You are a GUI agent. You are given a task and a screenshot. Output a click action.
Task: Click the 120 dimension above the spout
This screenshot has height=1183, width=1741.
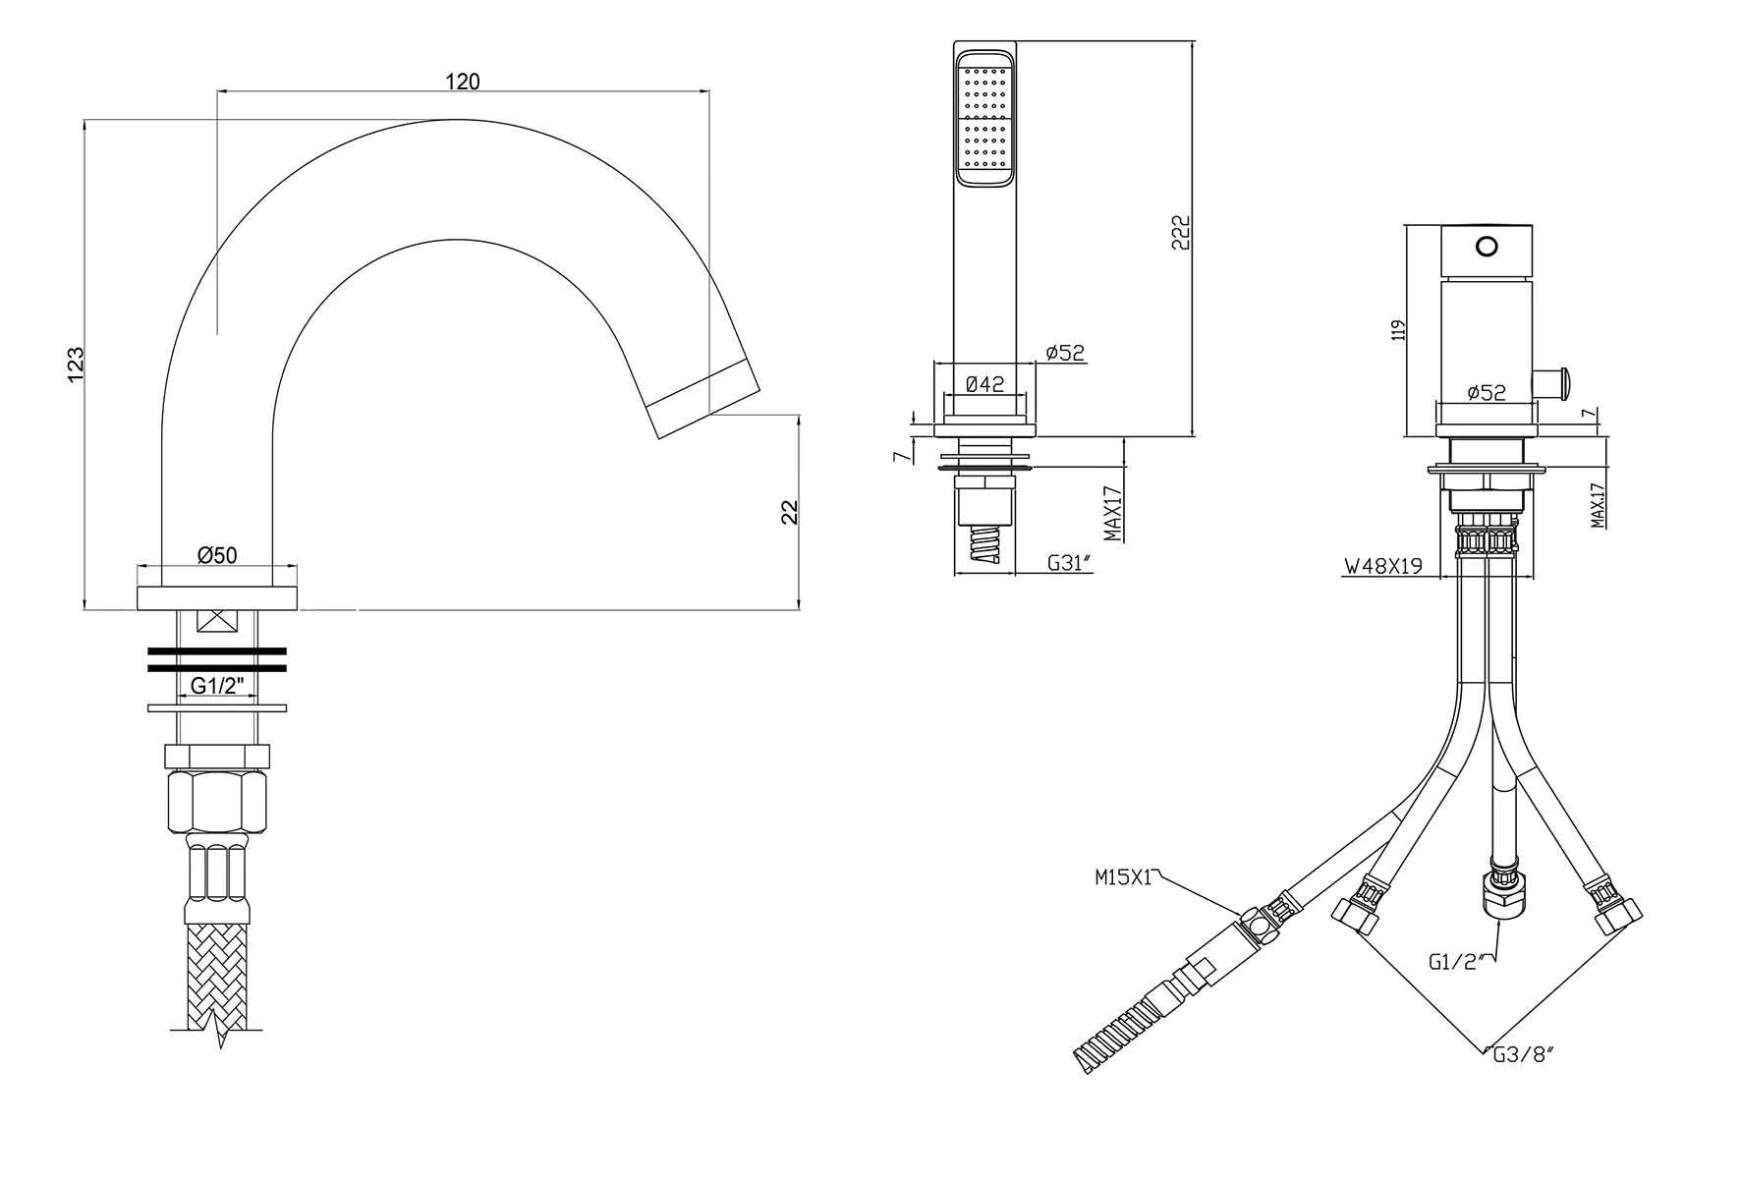click(x=462, y=82)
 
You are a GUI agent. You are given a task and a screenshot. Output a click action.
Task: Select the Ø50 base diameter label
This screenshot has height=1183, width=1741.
click(x=217, y=555)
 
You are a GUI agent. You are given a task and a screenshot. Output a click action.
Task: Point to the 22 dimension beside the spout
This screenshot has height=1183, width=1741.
click(x=789, y=511)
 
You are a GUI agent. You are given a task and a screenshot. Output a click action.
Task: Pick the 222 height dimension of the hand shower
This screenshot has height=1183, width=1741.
click(x=1182, y=232)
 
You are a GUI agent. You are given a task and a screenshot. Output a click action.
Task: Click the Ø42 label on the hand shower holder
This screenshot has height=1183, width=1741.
click(x=984, y=384)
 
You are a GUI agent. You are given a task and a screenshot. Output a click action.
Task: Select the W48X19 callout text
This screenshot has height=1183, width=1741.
click(x=1383, y=566)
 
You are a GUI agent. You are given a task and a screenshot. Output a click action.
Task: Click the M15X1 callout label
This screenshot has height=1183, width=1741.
click(x=1123, y=877)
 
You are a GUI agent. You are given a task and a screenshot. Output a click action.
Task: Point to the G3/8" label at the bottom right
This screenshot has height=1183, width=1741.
click(x=1523, y=1055)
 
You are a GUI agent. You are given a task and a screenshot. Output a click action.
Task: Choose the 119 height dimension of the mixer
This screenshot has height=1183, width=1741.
click(x=1399, y=329)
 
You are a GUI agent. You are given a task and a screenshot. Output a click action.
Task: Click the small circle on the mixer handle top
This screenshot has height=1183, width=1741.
click(x=1487, y=246)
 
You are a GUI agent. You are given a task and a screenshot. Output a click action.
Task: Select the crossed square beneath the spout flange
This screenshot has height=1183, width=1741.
click(x=217, y=622)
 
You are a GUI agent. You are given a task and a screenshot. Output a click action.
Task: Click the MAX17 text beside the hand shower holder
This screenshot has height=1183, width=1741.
click(x=1112, y=512)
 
